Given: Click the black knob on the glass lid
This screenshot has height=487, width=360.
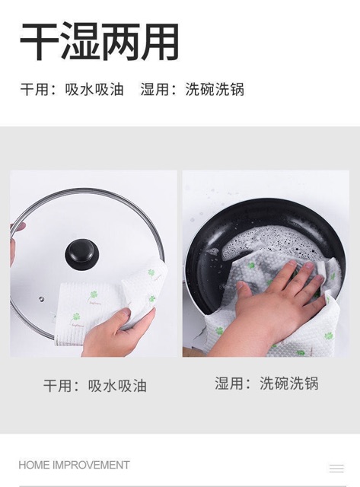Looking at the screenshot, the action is coord(82,254).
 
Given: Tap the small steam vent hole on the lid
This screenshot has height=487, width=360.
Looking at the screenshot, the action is coord(41,299).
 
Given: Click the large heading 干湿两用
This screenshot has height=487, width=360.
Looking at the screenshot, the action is coord(100,42).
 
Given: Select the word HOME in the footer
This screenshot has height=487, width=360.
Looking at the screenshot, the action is coord(34,465).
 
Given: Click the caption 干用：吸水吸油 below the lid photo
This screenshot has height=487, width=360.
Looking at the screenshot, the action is coord(94,386).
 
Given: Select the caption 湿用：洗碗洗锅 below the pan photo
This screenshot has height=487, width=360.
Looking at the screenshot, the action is coord(266,383).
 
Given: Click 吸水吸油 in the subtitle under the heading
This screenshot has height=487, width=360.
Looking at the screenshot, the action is coord(94,90).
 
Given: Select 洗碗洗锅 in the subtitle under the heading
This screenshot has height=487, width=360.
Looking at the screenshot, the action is coord(215,90).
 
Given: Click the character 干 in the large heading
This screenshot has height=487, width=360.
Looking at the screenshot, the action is coord(39,42).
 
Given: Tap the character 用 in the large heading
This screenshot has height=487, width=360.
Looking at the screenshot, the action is coord(161,42).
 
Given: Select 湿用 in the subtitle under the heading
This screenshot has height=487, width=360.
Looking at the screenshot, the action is coord(155,90).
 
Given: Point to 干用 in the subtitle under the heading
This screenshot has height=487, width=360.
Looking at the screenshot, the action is coord(35,90).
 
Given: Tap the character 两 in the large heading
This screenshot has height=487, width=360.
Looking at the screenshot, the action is coord(120,42).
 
